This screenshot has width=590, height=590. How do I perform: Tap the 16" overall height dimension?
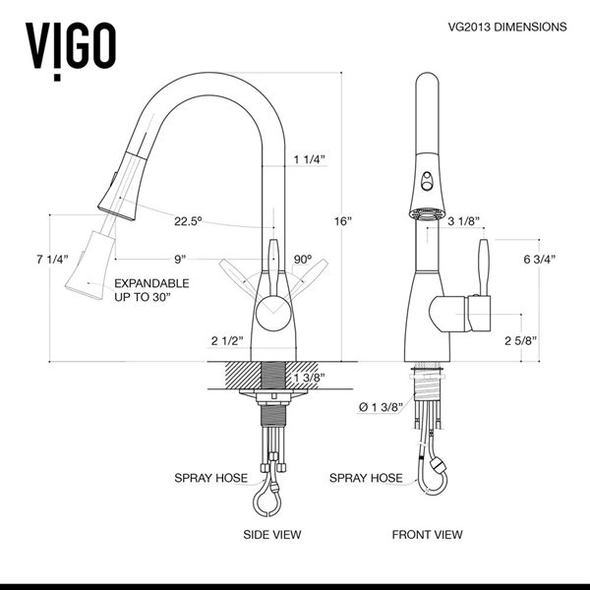tap(341, 221)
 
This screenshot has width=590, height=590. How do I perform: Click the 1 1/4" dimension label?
tap(309, 159)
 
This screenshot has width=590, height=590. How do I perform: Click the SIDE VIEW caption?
tap(272, 535)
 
